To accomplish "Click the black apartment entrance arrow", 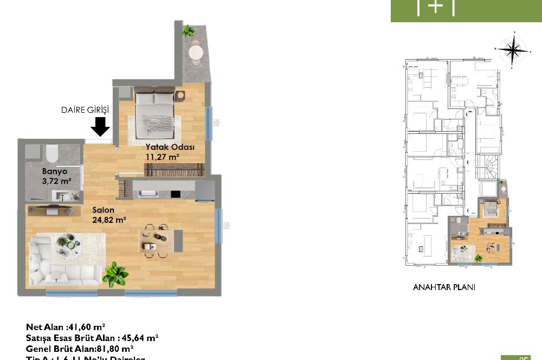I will (x=100, y=127).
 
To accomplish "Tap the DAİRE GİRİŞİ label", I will (x=85, y=110).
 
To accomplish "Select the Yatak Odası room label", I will (x=170, y=147).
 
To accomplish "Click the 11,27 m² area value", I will (x=162, y=157).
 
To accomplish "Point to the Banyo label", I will (x=54, y=171).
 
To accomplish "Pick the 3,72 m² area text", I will (x=57, y=181).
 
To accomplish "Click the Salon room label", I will (x=102, y=210).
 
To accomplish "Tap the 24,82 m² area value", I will (x=109, y=220).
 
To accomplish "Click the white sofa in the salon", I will (x=60, y=266).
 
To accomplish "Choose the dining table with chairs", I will (x=156, y=240).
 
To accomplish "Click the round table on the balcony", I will (x=195, y=52).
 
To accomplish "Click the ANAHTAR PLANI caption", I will (x=444, y=287).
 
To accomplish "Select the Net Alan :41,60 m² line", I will (x=66, y=327).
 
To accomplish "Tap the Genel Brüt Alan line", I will (x=80, y=348).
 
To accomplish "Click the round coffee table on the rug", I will (x=70, y=242).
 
